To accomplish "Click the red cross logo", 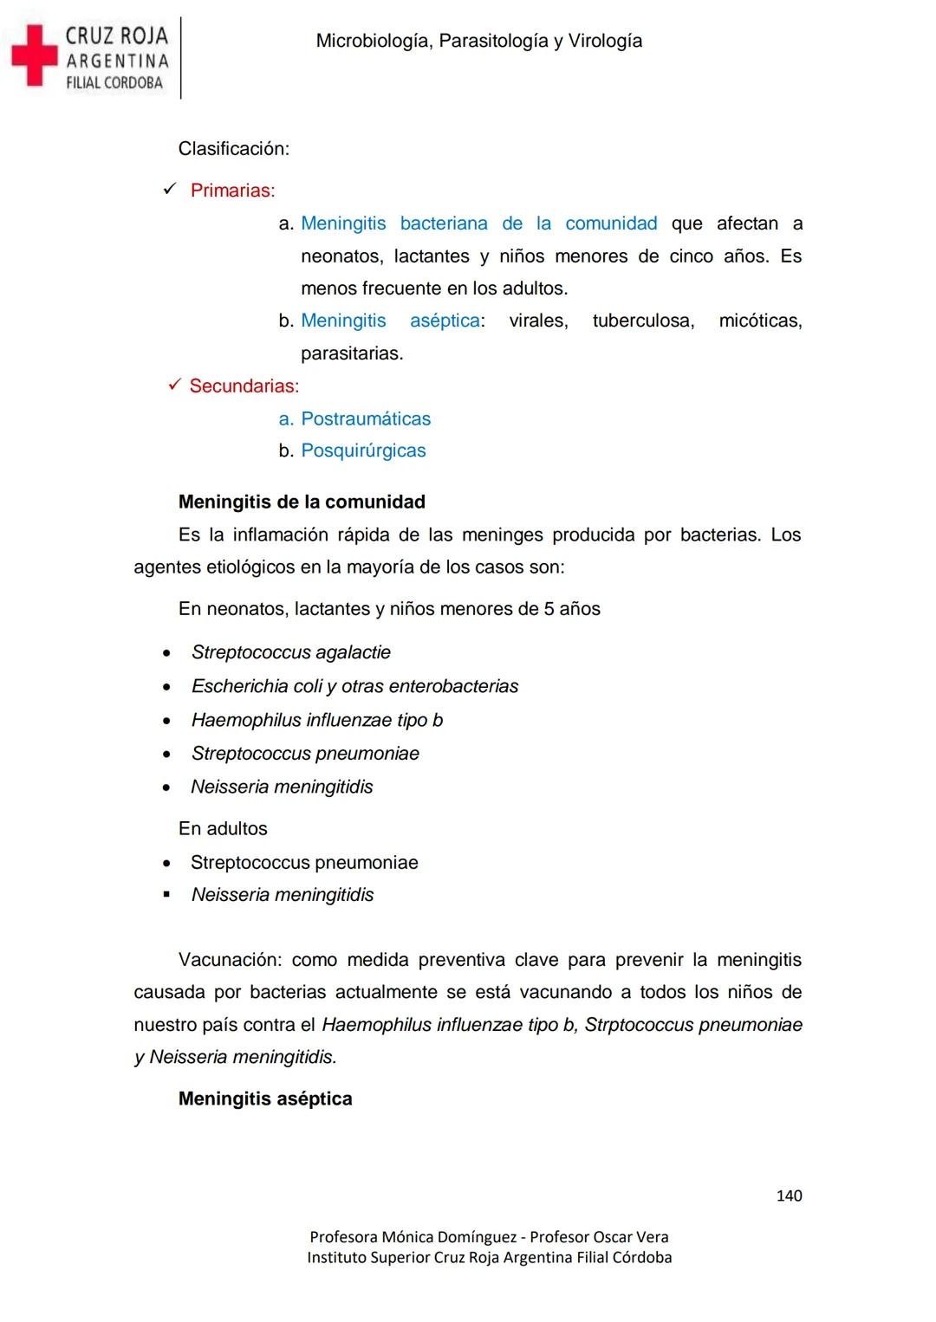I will point(33,55).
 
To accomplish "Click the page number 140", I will point(789,1196).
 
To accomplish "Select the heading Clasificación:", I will point(233,149).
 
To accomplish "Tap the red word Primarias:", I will point(232,191).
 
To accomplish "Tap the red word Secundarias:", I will point(244,386).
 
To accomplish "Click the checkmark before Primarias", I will point(170,189).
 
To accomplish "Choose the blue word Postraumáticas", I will point(365,419).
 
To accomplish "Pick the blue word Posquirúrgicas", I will point(363,450).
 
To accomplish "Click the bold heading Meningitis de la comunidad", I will point(302,502).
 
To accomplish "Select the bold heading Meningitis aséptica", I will point(265,1098).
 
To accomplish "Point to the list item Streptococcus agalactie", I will point(290,652).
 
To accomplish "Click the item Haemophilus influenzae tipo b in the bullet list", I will point(316,720).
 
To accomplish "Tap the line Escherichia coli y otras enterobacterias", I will point(354,686).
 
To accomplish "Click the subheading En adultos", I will point(223,828).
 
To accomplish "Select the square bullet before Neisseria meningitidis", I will point(166,894).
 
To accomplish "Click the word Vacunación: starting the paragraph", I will point(230,960).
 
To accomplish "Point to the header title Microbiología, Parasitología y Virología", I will point(478,41).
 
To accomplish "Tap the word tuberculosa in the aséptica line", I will point(643,321).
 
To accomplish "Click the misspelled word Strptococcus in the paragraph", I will point(638,1025).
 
